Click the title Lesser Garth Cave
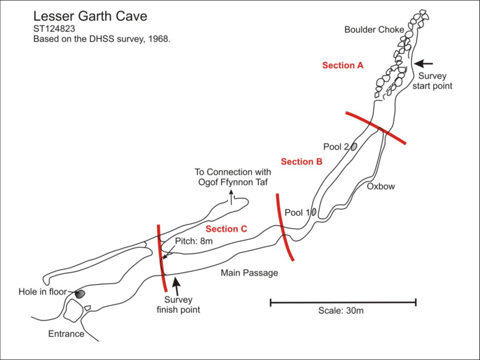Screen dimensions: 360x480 90,16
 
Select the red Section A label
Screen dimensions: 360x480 342,65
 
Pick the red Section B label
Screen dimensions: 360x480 302,162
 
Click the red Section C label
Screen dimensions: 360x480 226,229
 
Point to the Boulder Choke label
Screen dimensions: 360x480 374,29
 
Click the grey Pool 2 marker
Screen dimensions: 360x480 354,147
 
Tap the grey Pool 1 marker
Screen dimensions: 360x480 314,213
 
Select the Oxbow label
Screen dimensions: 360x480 381,186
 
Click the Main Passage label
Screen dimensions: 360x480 249,273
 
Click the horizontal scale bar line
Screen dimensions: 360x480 343,303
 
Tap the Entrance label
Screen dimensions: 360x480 66,333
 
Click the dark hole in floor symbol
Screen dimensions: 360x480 80,293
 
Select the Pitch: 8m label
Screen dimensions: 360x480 194,242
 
